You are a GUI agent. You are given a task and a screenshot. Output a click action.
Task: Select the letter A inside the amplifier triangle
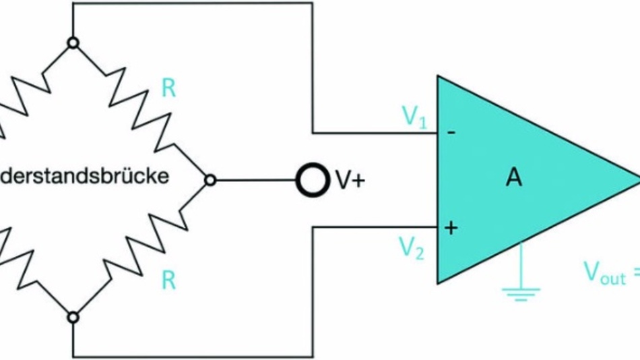pyautogui.click(x=514, y=179)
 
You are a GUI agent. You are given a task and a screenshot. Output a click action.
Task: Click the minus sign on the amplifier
pyautogui.click(x=451, y=133)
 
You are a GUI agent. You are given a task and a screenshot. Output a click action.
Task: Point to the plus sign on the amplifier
pyautogui.click(x=451, y=229)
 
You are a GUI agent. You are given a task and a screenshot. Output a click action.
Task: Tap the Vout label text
pyautogui.click(x=604, y=274)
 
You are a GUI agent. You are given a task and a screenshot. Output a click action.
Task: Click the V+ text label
pyautogui.click(x=350, y=181)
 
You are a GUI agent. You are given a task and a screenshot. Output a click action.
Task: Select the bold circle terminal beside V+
pyautogui.click(x=309, y=180)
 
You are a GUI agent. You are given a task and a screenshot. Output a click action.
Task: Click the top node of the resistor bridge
pyautogui.click(x=73, y=43)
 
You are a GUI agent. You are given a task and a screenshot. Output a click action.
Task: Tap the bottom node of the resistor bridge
pyautogui.click(x=73, y=317)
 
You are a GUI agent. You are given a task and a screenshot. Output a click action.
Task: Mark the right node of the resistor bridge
pyautogui.click(x=210, y=180)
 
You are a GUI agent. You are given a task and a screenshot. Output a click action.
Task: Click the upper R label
pyautogui.click(x=168, y=89)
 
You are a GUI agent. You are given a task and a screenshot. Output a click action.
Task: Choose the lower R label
pyautogui.click(x=168, y=280)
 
